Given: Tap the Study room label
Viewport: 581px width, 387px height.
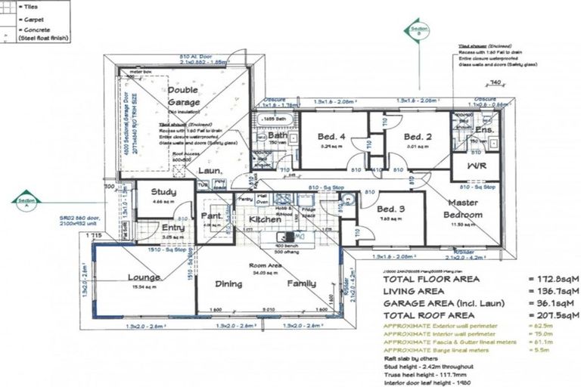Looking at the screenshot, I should [x=163, y=192].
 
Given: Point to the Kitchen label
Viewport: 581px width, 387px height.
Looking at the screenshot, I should [x=265, y=219].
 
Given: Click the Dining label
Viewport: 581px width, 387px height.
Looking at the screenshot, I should [x=228, y=284].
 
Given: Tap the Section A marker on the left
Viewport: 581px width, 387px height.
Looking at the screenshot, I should [x=28, y=201].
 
